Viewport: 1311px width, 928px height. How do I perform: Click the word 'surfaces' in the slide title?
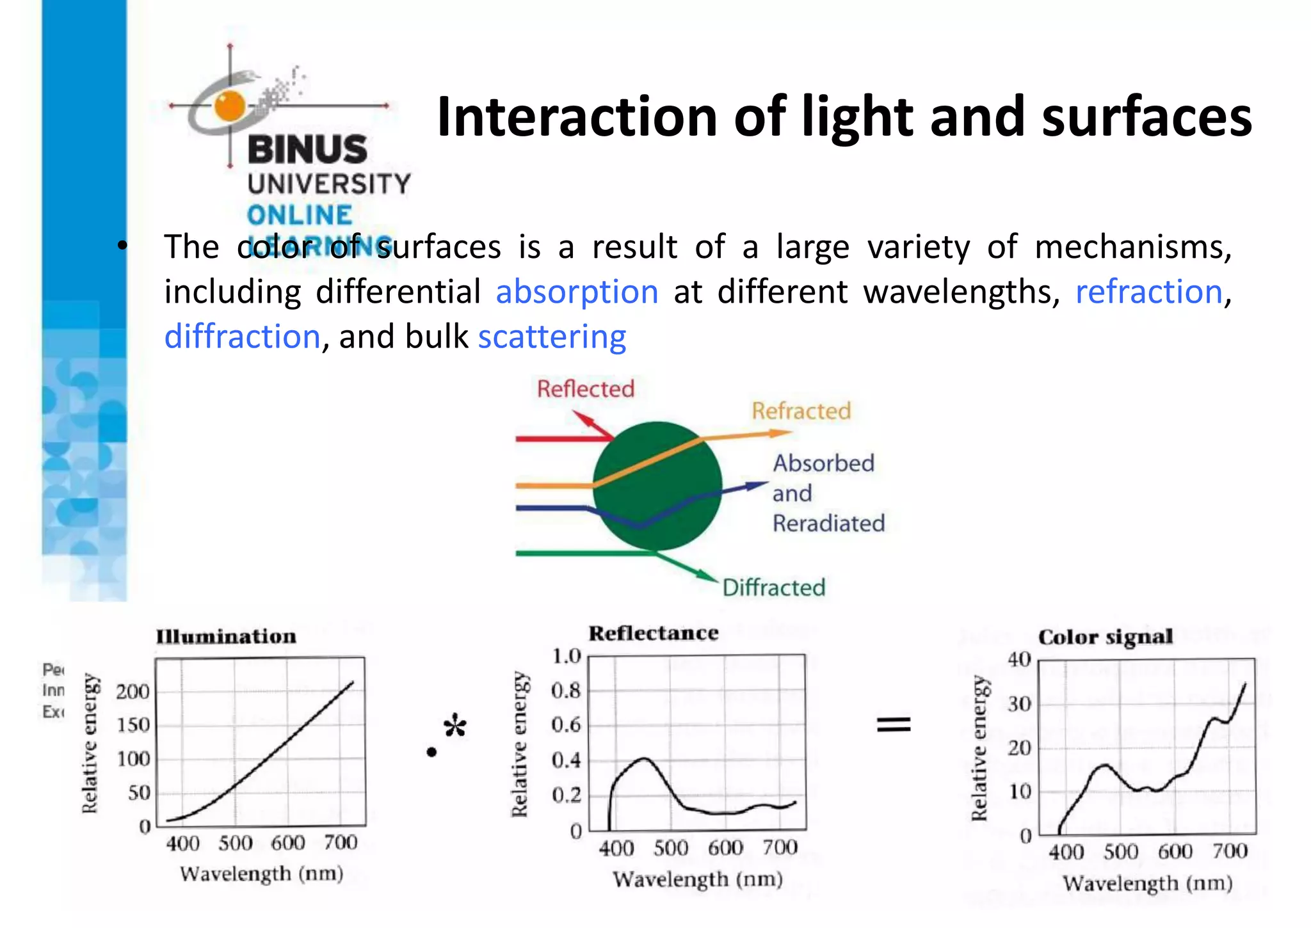(x=1146, y=117)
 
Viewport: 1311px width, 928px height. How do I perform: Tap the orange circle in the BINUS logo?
(x=230, y=106)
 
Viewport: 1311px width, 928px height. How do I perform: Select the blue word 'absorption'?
(x=577, y=292)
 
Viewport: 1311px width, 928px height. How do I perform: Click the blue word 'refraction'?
(x=1148, y=292)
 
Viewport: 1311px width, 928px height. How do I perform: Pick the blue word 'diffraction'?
(x=242, y=337)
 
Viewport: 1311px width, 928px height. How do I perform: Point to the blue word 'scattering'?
(x=552, y=337)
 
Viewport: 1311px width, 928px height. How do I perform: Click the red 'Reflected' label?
(x=585, y=388)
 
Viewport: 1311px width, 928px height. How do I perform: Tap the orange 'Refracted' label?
(x=801, y=411)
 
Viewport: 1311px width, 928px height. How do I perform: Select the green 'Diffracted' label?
(x=773, y=588)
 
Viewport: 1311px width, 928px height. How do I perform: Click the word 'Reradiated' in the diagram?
(x=828, y=524)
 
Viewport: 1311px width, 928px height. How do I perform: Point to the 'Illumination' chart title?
(x=226, y=636)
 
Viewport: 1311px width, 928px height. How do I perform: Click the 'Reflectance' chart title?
(x=653, y=633)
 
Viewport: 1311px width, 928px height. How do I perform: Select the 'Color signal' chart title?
(x=1105, y=637)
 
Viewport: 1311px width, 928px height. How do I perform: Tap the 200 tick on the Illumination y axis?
(x=133, y=692)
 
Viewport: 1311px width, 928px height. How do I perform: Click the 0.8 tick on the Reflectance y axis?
(x=566, y=691)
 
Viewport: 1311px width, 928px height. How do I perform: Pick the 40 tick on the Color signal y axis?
(x=1019, y=659)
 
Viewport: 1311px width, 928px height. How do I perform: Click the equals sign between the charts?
(x=893, y=724)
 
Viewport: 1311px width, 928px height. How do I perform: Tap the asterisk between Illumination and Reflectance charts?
(x=455, y=726)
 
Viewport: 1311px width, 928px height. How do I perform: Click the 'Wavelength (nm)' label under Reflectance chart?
(x=697, y=879)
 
